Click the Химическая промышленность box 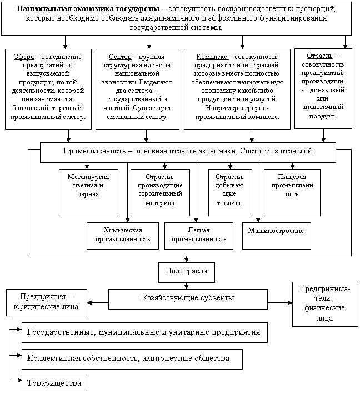123,235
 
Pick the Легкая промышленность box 198,235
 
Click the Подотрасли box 186,272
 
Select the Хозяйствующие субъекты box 187,299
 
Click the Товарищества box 54,383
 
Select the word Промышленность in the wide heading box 95,151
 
